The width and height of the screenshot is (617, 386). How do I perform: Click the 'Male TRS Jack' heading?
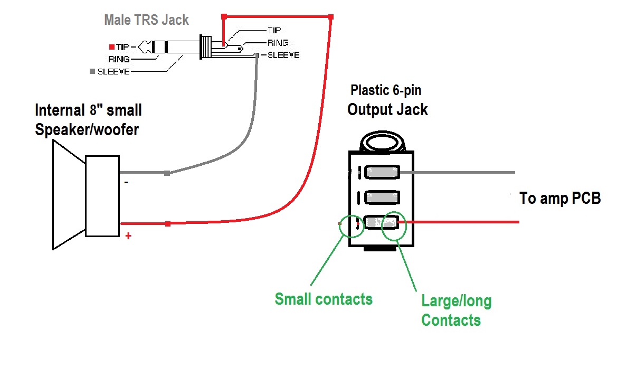[x=146, y=21]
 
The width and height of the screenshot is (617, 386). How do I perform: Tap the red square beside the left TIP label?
[x=112, y=46]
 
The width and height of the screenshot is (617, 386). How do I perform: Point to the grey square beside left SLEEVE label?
[x=93, y=71]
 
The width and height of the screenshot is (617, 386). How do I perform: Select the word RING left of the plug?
[x=119, y=59]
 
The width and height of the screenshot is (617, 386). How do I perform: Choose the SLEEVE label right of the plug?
[x=283, y=55]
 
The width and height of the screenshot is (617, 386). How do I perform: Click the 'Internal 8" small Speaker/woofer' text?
[x=88, y=120]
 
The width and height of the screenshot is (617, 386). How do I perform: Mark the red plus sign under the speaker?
[x=128, y=236]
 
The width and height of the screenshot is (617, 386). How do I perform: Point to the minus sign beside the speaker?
[x=126, y=182]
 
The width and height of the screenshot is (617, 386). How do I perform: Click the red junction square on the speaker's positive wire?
[x=168, y=224]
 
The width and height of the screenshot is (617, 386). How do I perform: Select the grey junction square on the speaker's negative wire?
[x=167, y=173]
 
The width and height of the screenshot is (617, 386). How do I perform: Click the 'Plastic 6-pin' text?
[x=386, y=90]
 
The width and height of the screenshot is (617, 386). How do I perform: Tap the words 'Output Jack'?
[x=387, y=110]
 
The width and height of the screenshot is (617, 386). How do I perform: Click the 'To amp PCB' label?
[x=560, y=199]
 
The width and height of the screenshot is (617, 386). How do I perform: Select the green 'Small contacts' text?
[x=324, y=299]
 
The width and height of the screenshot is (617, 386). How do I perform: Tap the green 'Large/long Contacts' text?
[x=456, y=310]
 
